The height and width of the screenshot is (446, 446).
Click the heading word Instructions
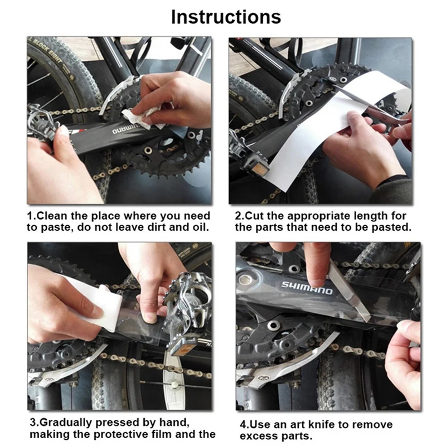click(226, 17)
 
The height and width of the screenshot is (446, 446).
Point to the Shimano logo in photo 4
click(307, 288)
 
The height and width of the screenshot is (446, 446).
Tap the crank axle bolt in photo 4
click(245, 280)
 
